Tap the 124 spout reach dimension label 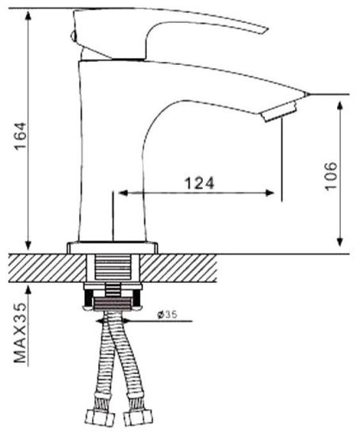pyautogui.click(x=200, y=183)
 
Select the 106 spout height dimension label pyautogui.click(x=331, y=175)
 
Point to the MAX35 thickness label pyautogui.click(x=21, y=332)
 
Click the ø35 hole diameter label pyautogui.click(x=167, y=315)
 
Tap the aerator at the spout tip pyautogui.click(x=279, y=112)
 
